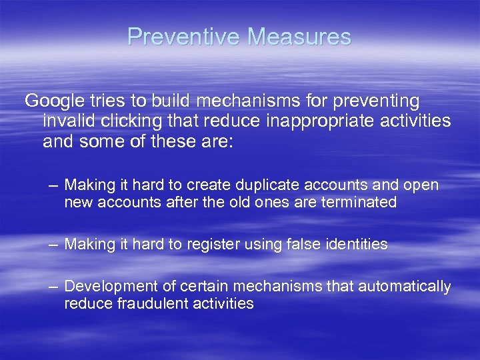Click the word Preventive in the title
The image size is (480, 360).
(x=184, y=37)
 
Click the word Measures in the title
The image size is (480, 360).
(x=299, y=37)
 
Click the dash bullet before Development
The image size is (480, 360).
(x=53, y=286)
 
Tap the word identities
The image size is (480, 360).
(x=355, y=245)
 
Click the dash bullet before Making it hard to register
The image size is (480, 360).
(x=53, y=244)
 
